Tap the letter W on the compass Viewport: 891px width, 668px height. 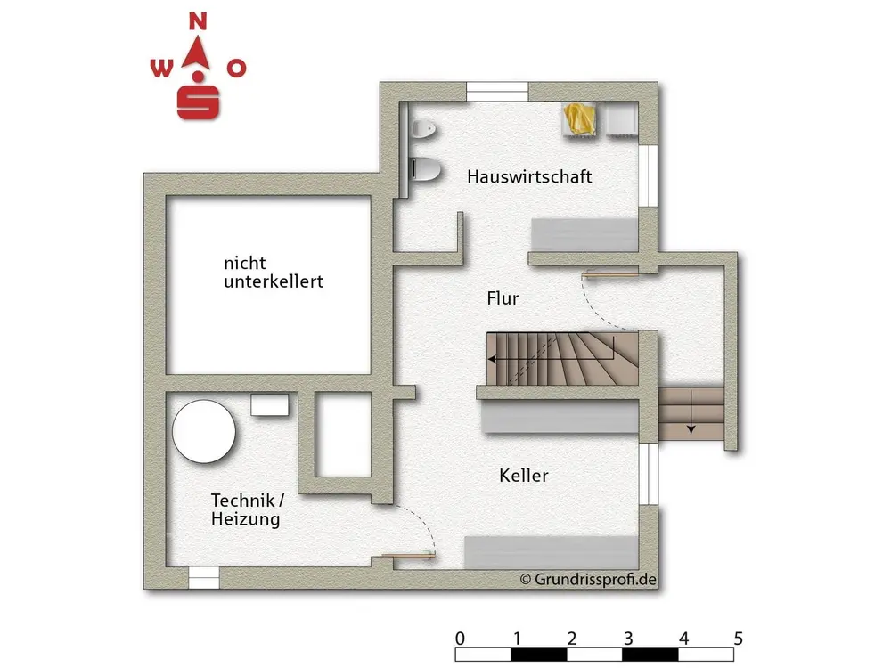pyautogui.click(x=160, y=69)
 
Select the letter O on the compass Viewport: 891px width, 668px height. pyautogui.click(x=236, y=69)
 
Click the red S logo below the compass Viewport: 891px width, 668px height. pyautogui.click(x=199, y=102)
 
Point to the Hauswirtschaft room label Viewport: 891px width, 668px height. pyautogui.click(x=529, y=176)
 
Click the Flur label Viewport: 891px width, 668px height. pyautogui.click(x=503, y=298)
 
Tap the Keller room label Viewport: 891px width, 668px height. pyautogui.click(x=524, y=476)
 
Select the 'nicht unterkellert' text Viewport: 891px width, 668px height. pyautogui.click(x=273, y=273)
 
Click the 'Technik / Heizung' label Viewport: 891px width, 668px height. pyautogui.click(x=247, y=509)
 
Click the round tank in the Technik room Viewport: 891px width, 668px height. pyautogui.click(x=204, y=431)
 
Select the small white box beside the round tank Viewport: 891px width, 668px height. pyautogui.click(x=270, y=405)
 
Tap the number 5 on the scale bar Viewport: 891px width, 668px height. pyautogui.click(x=738, y=639)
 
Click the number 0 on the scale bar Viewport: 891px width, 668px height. pyautogui.click(x=459, y=639)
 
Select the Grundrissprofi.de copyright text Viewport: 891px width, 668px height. pyautogui.click(x=589, y=579)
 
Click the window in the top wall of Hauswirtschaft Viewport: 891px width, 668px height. pyautogui.click(x=498, y=89)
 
